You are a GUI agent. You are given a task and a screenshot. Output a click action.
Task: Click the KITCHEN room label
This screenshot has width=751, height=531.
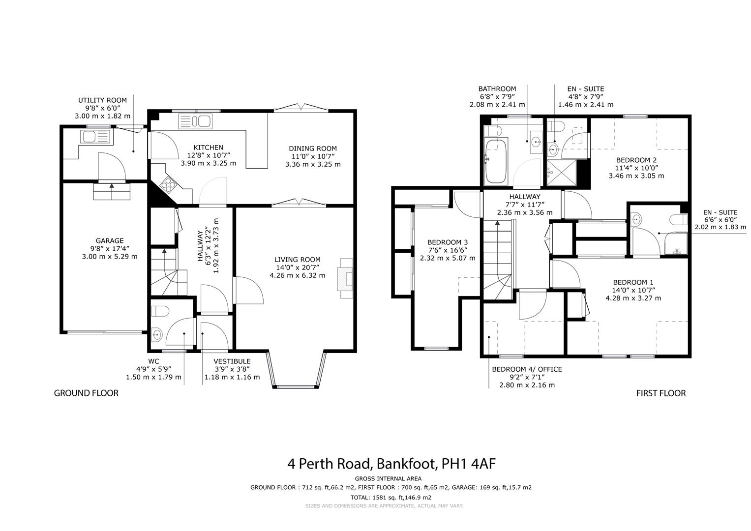(x=208, y=147)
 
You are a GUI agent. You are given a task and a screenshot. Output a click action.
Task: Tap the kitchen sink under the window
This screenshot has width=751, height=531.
(x=194, y=121)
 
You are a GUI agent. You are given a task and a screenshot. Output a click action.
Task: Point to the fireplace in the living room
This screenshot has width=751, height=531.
(x=345, y=279)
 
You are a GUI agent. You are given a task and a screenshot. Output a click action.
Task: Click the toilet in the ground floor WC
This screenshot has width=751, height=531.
(x=160, y=311)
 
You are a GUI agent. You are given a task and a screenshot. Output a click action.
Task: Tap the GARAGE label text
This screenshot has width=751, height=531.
(x=109, y=240)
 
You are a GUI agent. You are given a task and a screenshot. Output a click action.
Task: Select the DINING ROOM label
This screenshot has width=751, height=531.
(x=312, y=148)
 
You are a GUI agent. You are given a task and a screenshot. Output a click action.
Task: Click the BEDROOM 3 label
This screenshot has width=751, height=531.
(x=447, y=242)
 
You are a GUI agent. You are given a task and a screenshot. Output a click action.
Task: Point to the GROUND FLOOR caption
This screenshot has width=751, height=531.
(x=86, y=393)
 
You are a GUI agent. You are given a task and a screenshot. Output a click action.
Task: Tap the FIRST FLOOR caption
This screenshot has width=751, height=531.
(x=661, y=393)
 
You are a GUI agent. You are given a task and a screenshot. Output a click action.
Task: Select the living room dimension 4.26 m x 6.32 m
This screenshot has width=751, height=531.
(x=297, y=275)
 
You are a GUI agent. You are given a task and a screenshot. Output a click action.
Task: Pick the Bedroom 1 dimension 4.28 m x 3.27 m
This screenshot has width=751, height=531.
(x=633, y=298)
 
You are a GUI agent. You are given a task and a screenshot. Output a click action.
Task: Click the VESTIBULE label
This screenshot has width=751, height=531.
(x=225, y=361)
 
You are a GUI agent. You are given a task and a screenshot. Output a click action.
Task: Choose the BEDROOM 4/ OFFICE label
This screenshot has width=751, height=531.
(x=527, y=369)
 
